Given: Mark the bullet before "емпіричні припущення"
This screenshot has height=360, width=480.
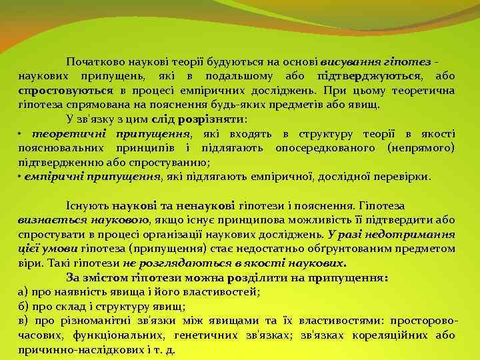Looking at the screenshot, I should (x=21, y=177).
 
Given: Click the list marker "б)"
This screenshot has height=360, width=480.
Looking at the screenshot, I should (x=23, y=306).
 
